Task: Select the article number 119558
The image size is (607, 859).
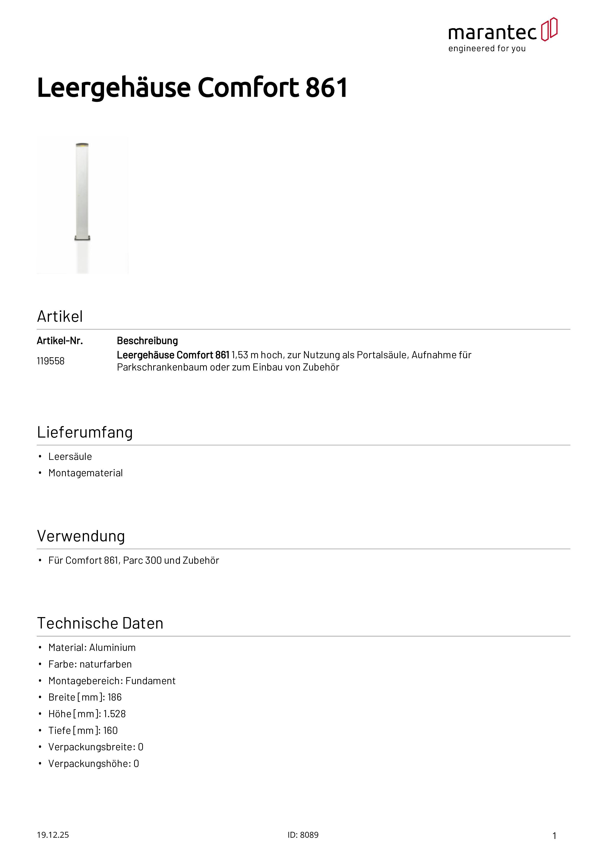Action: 50,361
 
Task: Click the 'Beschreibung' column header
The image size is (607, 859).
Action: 147,341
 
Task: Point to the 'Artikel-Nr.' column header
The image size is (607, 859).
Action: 60,341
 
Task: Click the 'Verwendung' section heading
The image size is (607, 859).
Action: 81,536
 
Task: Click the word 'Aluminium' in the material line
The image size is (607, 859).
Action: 113,648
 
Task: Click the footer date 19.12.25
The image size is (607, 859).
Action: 53,835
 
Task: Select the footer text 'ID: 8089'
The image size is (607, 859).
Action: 303,835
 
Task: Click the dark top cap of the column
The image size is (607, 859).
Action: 82,144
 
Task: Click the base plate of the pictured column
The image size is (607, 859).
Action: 82,238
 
